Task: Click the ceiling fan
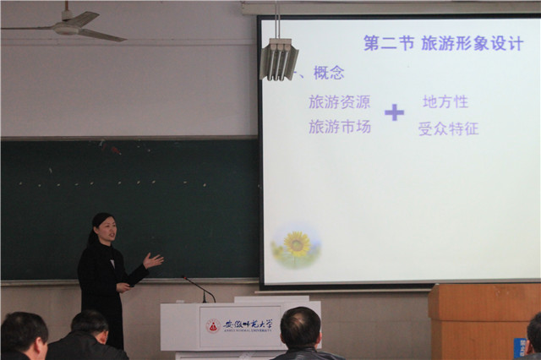[71, 26]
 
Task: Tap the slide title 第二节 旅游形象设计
[443, 43]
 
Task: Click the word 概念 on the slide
[328, 73]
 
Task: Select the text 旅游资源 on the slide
[339, 101]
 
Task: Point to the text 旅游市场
[339, 127]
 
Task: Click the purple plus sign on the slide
[394, 112]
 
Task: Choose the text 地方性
[445, 101]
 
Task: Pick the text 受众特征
[448, 128]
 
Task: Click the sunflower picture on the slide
[296, 245]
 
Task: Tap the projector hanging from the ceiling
[278, 58]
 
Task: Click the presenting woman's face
[106, 229]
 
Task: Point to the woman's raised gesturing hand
[153, 260]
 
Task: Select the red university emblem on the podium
[213, 325]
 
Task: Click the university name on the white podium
[245, 324]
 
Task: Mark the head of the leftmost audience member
[23, 334]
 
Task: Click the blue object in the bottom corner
[520, 347]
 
